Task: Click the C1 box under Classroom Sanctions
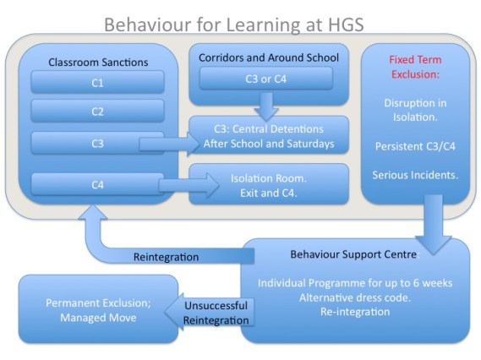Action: [x=97, y=82]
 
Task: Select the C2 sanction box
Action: [x=97, y=111]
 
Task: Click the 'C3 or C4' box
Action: [x=266, y=79]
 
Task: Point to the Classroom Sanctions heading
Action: [x=97, y=62]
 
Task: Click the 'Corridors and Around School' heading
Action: [x=268, y=57]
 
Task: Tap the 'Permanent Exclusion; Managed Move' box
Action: [x=98, y=309]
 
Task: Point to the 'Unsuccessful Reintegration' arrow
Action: [x=215, y=313]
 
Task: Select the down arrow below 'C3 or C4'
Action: [x=266, y=105]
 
